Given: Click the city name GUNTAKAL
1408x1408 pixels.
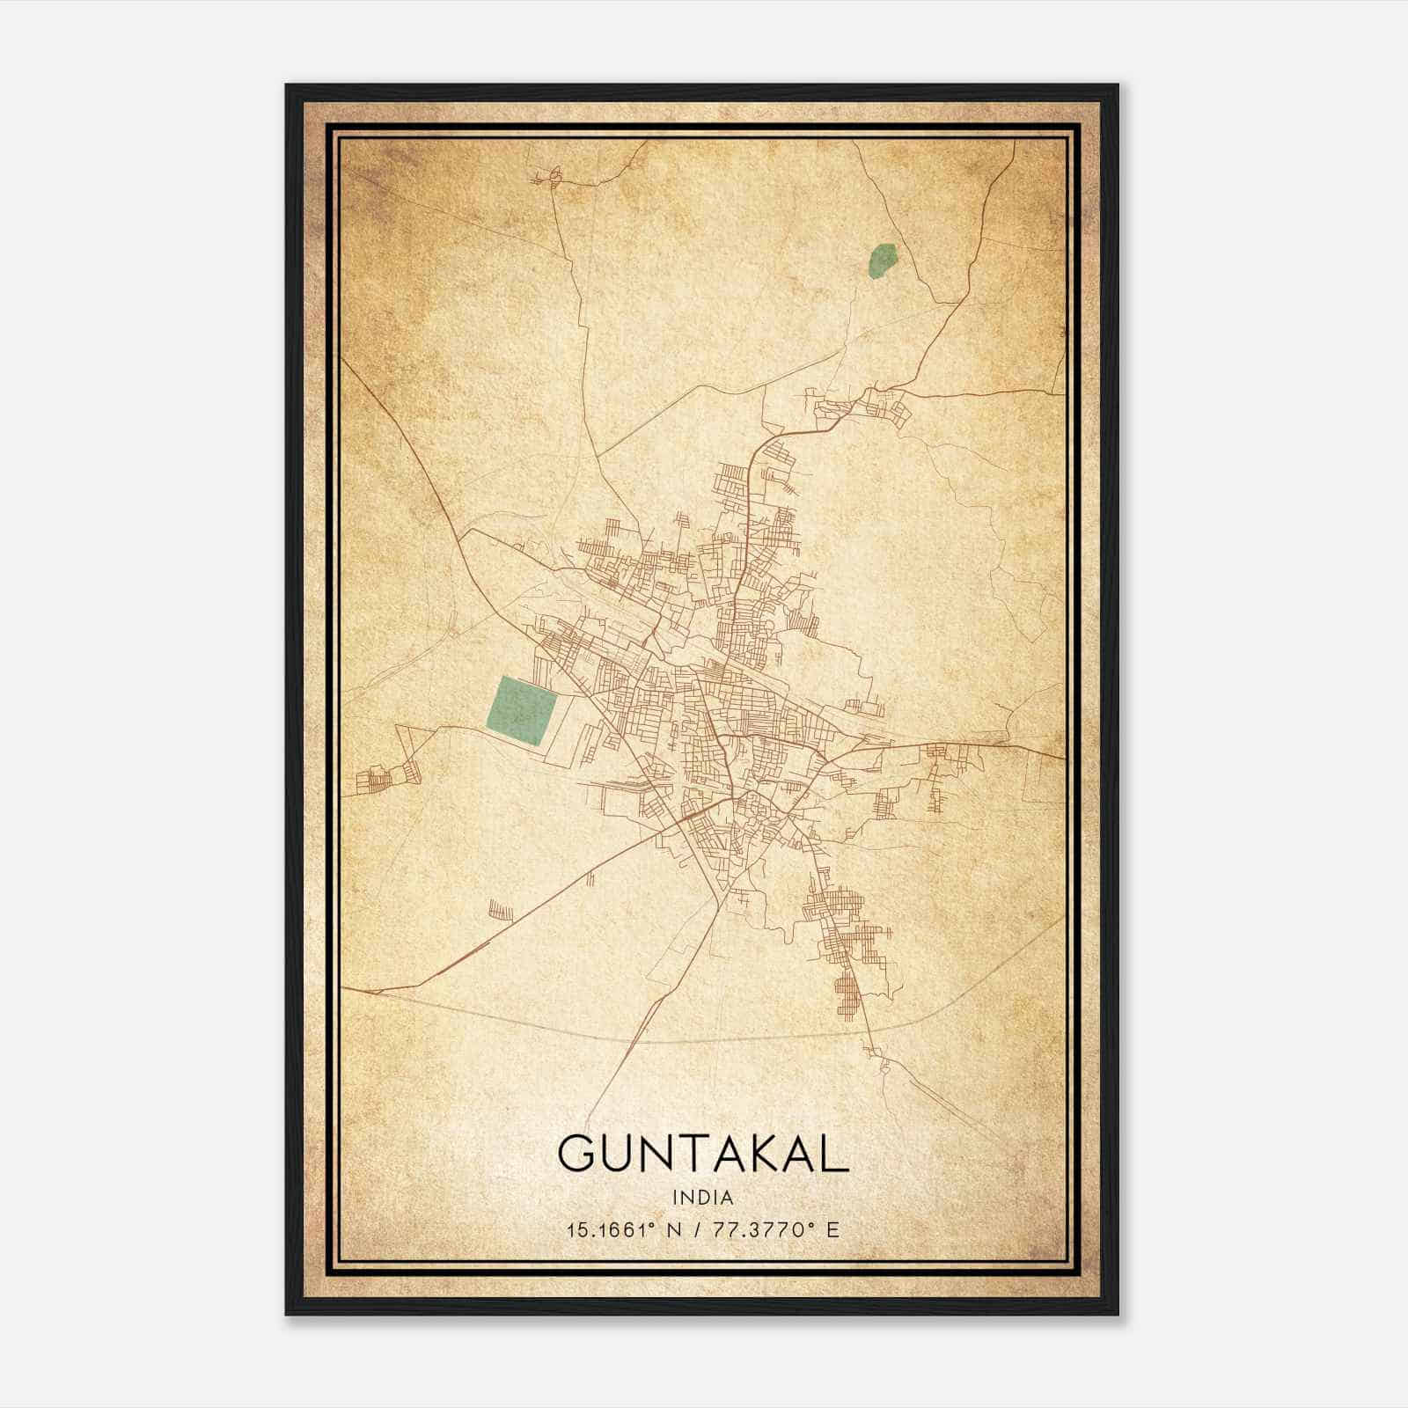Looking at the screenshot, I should coord(702,1154).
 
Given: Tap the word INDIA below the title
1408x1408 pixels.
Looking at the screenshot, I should coord(702,1198).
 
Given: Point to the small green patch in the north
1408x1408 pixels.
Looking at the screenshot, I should coord(882,261).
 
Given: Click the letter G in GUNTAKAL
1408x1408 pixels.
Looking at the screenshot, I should coord(576,1154).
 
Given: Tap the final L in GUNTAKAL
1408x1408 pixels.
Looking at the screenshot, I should coord(836,1154).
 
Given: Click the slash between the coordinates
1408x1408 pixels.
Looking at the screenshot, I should coord(698,1229).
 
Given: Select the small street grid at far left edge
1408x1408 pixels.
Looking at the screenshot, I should coord(380,779).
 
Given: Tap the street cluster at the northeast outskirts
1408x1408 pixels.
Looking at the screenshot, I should coord(867,407).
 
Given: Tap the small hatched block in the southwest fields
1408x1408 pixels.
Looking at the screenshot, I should coord(500,909).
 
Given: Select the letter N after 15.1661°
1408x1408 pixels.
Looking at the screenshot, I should coord(675,1229).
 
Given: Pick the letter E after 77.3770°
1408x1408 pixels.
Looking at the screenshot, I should coord(832,1229).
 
